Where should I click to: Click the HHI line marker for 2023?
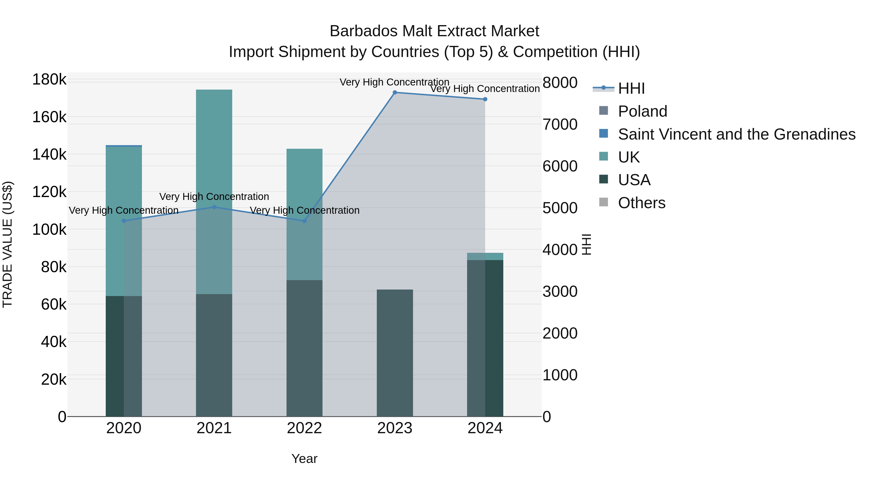(x=395, y=92)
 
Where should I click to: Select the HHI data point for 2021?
(x=214, y=207)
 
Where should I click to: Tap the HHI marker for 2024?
(x=485, y=99)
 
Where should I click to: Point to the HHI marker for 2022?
(x=304, y=221)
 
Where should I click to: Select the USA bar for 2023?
(x=395, y=353)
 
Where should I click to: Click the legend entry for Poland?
(x=642, y=111)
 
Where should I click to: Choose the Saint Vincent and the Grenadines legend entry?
(x=736, y=134)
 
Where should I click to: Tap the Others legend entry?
(x=641, y=203)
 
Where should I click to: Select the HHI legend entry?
(x=631, y=88)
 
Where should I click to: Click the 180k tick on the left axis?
(x=49, y=80)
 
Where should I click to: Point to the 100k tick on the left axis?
(x=49, y=230)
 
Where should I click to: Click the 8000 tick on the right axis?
(x=560, y=83)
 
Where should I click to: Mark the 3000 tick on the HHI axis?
(x=560, y=291)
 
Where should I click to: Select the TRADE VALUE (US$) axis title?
(x=7, y=244)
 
